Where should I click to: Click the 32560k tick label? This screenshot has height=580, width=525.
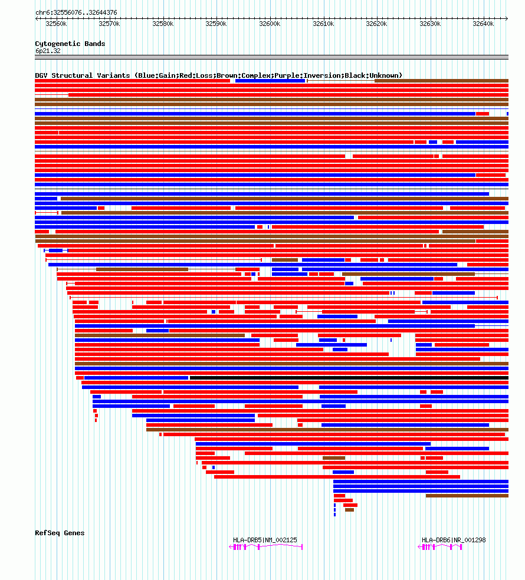click(x=56, y=24)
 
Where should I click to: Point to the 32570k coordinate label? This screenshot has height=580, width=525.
click(x=109, y=24)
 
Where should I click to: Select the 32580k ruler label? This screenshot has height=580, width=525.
click(x=163, y=24)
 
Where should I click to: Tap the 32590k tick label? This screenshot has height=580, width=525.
click(x=216, y=24)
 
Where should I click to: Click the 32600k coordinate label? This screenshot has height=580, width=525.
click(x=270, y=24)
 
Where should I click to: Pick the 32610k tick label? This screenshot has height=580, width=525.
click(x=323, y=24)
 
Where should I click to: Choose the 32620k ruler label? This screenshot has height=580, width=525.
click(x=376, y=24)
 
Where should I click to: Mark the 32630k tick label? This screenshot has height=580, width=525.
click(x=430, y=24)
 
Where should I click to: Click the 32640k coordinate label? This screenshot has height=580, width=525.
click(x=483, y=24)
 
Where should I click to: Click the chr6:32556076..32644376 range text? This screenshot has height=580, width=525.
click(x=76, y=12)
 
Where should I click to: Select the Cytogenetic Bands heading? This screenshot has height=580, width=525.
click(x=70, y=44)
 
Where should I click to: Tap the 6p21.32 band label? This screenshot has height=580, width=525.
click(x=48, y=51)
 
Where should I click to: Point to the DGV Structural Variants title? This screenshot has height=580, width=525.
click(x=218, y=75)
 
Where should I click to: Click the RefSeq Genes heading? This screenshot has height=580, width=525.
click(x=60, y=533)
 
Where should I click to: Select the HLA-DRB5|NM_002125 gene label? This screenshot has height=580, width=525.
click(x=265, y=540)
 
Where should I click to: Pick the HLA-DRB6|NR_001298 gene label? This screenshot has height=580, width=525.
click(x=454, y=540)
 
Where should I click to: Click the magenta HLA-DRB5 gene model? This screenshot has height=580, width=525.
click(x=266, y=547)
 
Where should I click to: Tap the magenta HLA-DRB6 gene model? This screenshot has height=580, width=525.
click(x=441, y=547)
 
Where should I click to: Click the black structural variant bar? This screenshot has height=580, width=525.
click(x=348, y=378)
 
